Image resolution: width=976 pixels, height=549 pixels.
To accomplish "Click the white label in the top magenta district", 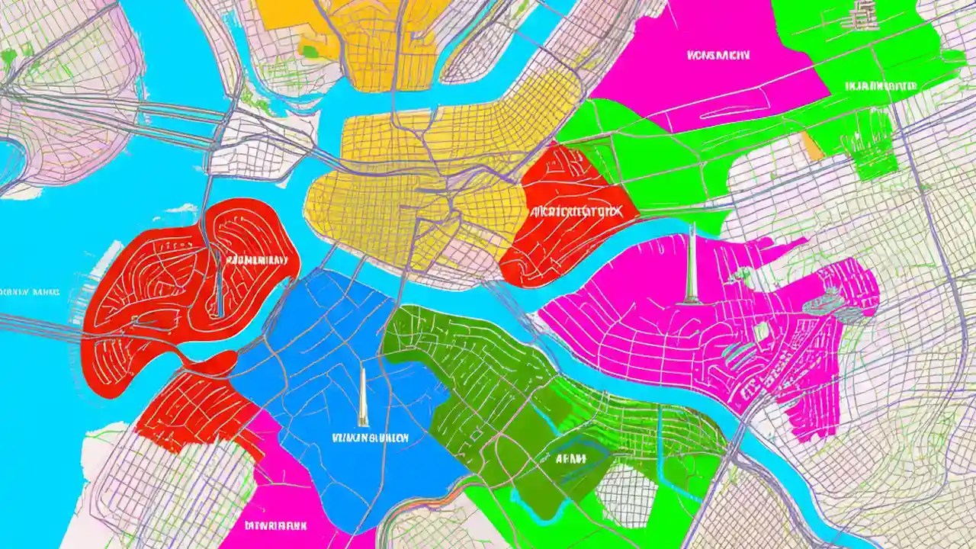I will [x=718, y=55].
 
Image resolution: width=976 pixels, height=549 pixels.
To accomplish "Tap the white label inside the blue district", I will [x=371, y=438].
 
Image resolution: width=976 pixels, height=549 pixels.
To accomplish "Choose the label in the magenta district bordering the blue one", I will [x=276, y=525].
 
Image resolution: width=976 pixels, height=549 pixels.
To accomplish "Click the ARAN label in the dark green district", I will [x=570, y=458].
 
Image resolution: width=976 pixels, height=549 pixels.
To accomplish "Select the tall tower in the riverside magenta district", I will [x=692, y=263].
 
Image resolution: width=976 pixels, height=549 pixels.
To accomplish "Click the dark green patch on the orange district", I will [x=309, y=52].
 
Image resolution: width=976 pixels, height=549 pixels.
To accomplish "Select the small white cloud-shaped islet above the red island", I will [x=181, y=208].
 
